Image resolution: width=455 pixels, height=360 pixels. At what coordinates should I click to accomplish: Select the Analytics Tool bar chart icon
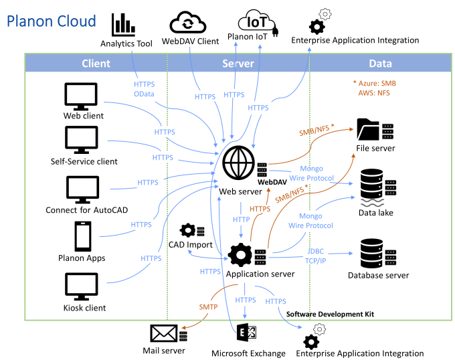(x=123, y=25)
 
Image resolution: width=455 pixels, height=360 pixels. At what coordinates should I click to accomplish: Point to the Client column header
(x=96, y=64)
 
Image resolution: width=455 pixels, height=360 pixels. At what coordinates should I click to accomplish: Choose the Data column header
(x=380, y=64)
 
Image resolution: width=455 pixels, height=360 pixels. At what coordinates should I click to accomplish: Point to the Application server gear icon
(x=241, y=255)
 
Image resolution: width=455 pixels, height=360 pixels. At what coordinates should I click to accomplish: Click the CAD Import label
(x=191, y=245)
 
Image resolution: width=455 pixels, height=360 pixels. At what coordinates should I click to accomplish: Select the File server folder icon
(x=369, y=128)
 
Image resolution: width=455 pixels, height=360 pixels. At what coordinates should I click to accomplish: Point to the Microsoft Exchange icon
(x=248, y=333)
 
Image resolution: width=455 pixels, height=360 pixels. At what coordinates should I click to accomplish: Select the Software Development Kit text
(x=330, y=313)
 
